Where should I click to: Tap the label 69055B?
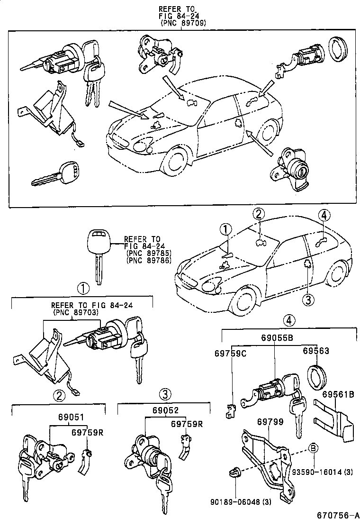277,338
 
